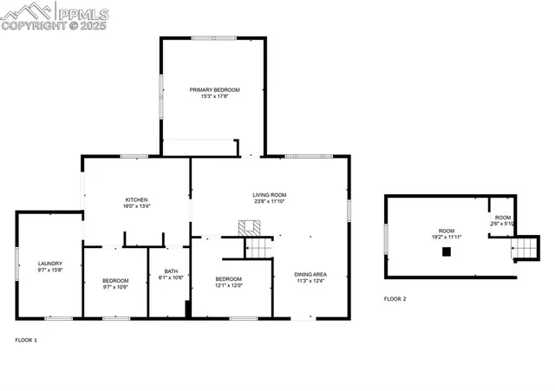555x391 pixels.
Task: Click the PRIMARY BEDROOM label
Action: (215, 89)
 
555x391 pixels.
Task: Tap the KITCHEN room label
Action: (136, 199)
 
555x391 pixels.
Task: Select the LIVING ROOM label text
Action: (269, 194)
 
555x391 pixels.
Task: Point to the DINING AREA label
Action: (310, 274)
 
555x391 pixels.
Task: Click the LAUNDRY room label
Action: (49, 264)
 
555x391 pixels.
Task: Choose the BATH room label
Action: (171, 271)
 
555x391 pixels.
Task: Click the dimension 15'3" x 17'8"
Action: (215, 96)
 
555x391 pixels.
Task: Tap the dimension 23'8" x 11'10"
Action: (269, 201)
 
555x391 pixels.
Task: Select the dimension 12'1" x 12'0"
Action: (229, 285)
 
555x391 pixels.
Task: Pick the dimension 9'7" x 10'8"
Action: (115, 287)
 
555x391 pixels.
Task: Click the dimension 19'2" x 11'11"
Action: (446, 237)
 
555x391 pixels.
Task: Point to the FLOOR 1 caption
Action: (27, 340)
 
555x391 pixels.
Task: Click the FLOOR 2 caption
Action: (395, 299)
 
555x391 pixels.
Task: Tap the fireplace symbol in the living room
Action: (250, 228)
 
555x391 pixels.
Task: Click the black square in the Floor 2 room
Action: (447, 251)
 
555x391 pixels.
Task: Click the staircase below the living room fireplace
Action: (259, 248)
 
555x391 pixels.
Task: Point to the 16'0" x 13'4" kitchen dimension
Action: (136, 206)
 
